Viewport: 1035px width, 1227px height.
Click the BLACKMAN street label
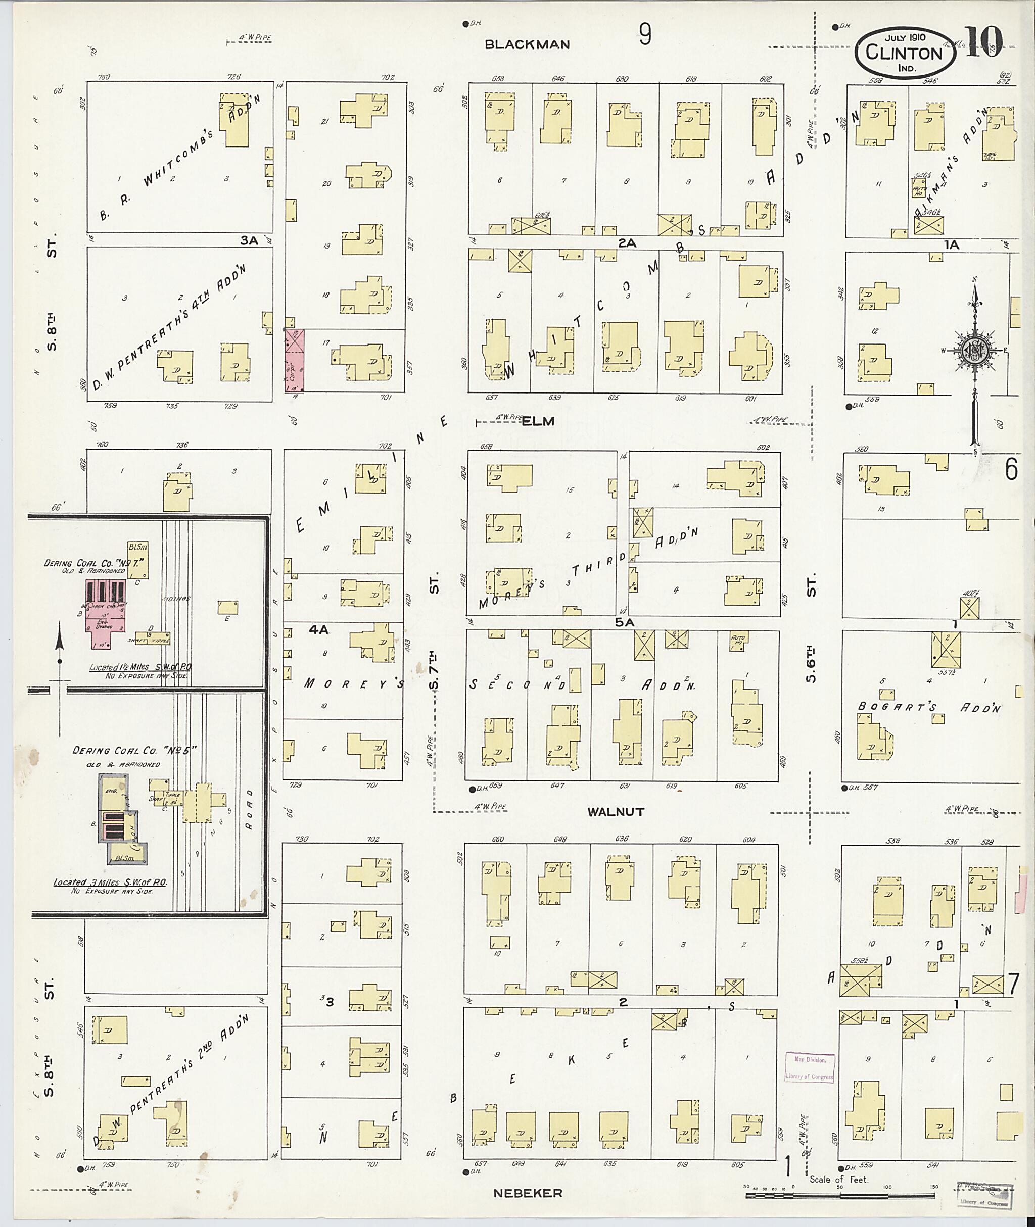tap(528, 44)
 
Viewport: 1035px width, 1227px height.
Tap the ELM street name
tap(538, 421)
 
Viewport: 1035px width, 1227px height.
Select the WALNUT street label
tap(616, 812)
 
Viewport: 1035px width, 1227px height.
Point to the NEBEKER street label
tap(528, 1192)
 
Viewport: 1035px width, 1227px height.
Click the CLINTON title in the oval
tap(903, 54)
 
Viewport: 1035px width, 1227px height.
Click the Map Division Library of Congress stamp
tap(810, 1067)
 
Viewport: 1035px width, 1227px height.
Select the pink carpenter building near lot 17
tap(295, 361)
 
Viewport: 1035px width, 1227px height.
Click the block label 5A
tap(626, 623)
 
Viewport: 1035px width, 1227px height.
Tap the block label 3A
tap(249, 239)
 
